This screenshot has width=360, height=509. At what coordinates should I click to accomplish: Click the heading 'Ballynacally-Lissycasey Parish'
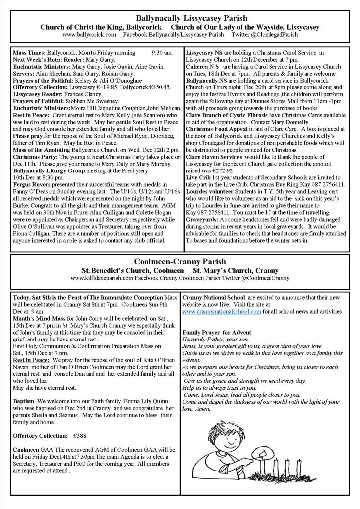click(x=180, y=18)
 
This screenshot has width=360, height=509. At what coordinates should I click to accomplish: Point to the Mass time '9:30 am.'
click(x=162, y=52)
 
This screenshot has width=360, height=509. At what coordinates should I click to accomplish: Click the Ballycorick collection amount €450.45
click(x=157, y=86)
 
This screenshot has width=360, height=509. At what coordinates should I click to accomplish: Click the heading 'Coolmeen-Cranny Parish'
click(x=180, y=261)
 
